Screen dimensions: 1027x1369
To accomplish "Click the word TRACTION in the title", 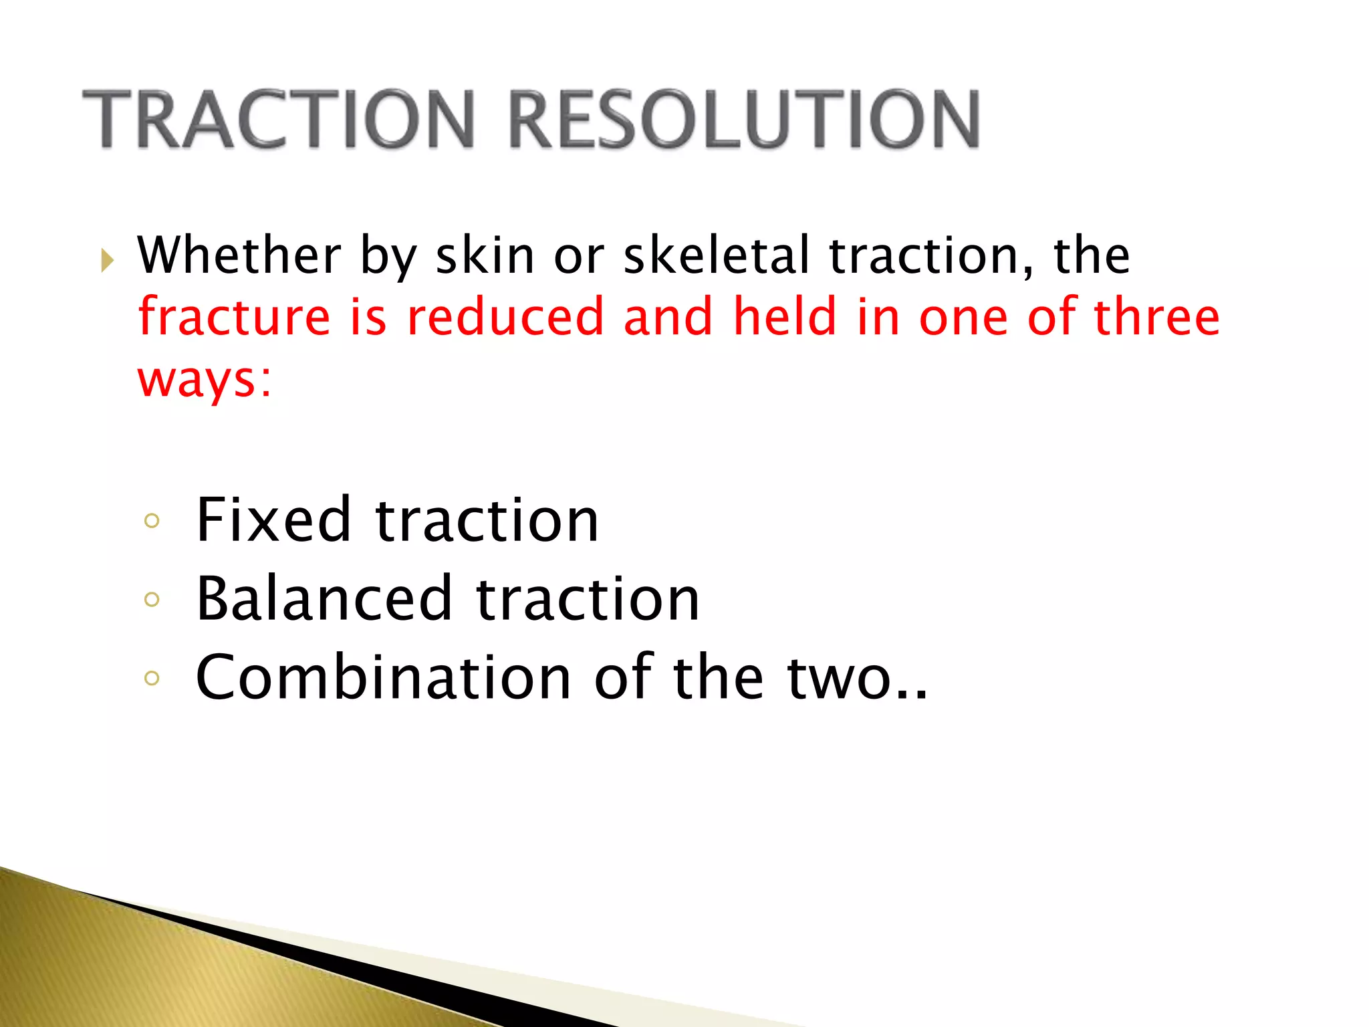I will [x=278, y=120].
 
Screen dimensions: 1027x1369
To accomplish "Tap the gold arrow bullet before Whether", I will [x=107, y=259].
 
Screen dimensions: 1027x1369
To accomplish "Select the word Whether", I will [x=239, y=255].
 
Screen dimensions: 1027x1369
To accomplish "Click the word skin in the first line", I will [x=485, y=255].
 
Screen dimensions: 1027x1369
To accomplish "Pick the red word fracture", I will [x=234, y=317].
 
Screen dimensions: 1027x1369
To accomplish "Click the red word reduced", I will [x=505, y=317].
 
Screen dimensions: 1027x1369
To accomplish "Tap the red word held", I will [x=785, y=317].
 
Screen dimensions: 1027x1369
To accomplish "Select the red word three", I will [x=1156, y=317].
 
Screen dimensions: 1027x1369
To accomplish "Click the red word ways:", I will [x=205, y=380].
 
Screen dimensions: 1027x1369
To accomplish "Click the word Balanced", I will [x=324, y=598].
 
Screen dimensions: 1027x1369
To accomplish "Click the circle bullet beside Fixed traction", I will [x=152, y=521].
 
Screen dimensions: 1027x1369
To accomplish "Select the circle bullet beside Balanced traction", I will [x=152, y=600].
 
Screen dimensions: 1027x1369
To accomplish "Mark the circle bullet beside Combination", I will [x=152, y=679].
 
